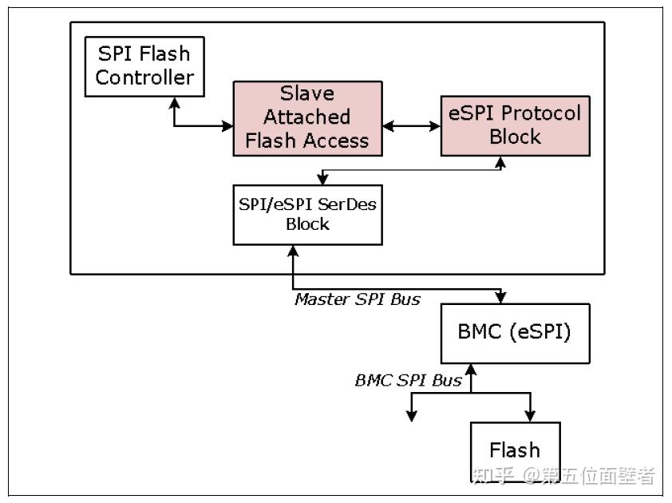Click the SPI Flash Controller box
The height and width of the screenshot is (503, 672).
point(144,66)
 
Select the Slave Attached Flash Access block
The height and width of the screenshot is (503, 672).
point(307,117)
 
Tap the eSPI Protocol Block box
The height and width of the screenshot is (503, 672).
point(515,125)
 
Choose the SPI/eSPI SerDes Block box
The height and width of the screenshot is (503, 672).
point(307,213)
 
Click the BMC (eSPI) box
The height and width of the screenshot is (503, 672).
point(516,332)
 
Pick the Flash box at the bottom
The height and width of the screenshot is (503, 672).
point(515,450)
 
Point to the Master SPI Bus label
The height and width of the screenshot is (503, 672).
point(357,299)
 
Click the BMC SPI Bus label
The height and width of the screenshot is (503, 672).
point(408,380)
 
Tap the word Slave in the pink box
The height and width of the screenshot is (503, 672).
point(306,93)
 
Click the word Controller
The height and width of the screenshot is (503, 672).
point(144,78)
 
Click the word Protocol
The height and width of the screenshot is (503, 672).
point(537,113)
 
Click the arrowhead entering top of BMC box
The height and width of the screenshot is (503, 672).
point(500,297)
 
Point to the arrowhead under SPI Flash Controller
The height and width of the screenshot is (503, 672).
point(174,102)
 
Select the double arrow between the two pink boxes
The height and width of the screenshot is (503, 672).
point(411,126)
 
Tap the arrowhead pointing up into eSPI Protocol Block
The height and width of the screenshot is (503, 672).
point(501,162)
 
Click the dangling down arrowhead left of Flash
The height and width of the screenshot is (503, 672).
point(412,414)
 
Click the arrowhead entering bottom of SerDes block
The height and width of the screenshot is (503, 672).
point(294,251)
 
